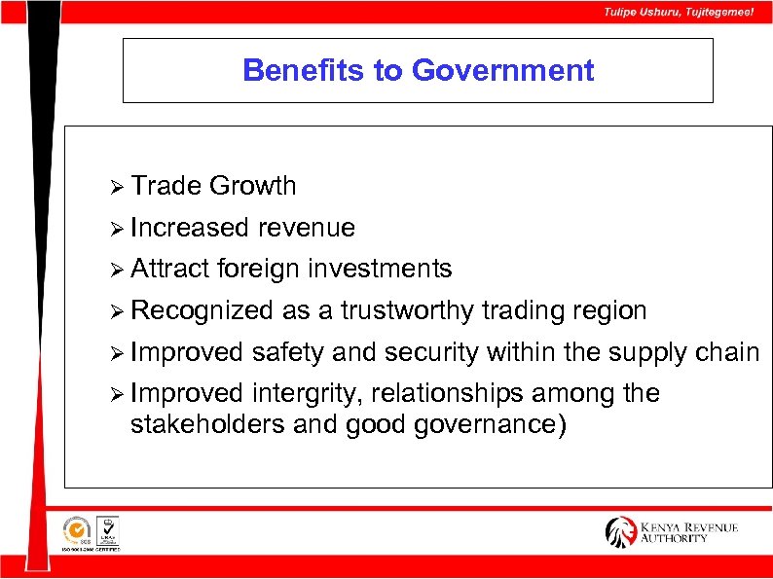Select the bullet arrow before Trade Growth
point(118,186)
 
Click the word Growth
point(253,186)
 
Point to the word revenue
point(307,228)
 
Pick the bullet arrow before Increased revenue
point(118,228)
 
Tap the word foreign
point(260,269)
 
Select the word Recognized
point(202,310)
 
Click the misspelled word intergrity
point(308,393)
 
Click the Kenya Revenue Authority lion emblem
point(620,531)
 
